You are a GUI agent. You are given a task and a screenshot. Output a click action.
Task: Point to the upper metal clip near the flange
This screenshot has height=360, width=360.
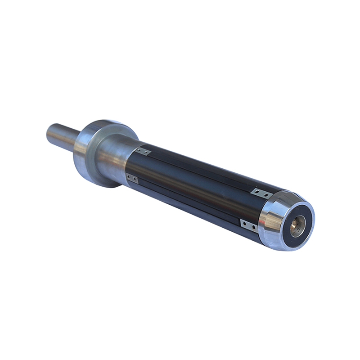pyautogui.click(x=144, y=152)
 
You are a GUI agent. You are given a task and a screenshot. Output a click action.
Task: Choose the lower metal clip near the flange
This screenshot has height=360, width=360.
pyautogui.click(x=132, y=179)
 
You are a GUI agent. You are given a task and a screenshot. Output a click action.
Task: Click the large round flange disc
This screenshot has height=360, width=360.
pyautogui.click(x=90, y=157)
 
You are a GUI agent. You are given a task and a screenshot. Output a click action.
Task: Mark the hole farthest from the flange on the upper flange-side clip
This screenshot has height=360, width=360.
pyautogui.click(x=148, y=153)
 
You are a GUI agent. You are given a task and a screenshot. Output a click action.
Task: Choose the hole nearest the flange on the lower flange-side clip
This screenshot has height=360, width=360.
pyautogui.click(x=129, y=177)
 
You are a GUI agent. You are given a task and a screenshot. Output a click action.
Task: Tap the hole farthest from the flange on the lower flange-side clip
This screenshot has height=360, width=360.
pyautogui.click(x=135, y=180)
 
